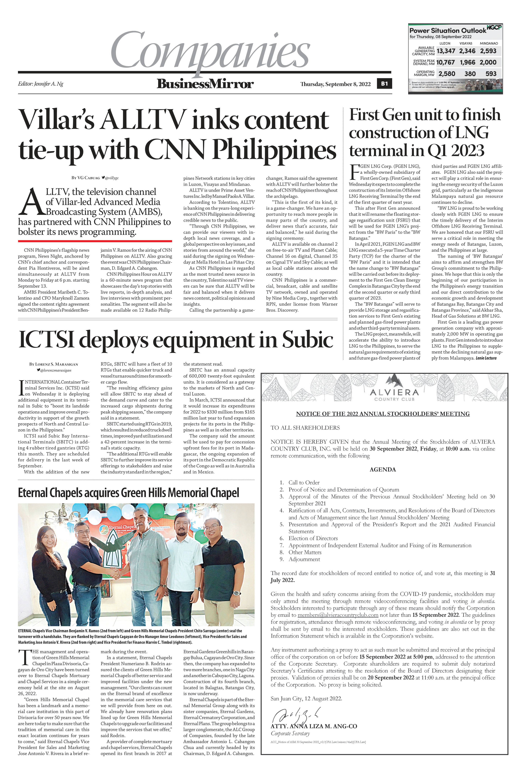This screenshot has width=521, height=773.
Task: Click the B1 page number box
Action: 384,84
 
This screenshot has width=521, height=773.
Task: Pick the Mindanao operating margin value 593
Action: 491,74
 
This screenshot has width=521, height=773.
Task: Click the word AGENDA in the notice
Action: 382,469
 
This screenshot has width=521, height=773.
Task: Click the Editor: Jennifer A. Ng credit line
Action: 41,84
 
